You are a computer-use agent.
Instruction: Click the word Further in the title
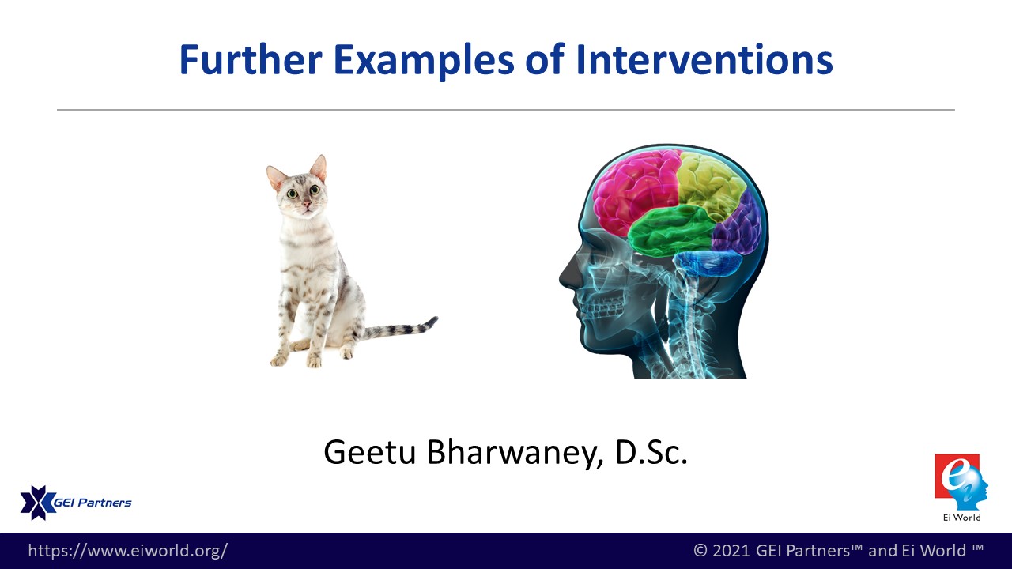251,59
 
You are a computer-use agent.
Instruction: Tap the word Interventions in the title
704,59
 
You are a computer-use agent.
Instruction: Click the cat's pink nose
308,204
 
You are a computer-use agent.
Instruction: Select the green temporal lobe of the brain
671,230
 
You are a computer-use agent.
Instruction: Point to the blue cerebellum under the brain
708,263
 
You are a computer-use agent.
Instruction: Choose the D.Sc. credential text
651,452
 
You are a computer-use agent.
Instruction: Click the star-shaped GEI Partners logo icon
38,503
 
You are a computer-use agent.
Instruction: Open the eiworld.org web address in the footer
128,551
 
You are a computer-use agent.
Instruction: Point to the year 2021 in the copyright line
730,551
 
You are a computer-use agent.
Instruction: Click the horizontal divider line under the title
505,110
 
